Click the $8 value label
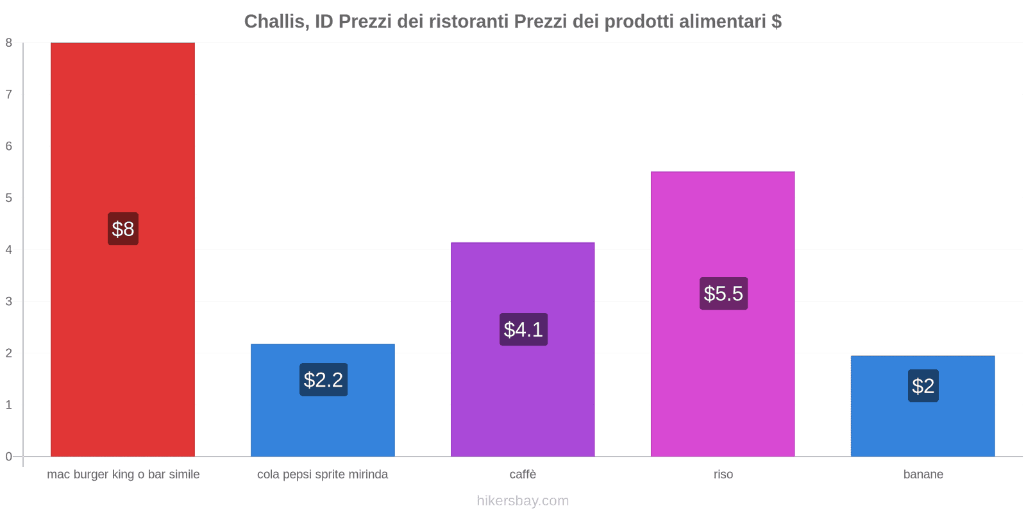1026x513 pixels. coord(122,229)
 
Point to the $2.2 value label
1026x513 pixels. coord(323,380)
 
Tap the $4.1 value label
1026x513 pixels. coord(523,330)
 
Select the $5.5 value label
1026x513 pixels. coord(723,294)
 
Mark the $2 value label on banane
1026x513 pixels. coord(923,386)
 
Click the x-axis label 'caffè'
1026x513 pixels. coord(523,475)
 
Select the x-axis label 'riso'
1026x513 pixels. coord(723,475)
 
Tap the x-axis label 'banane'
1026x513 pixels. coord(923,475)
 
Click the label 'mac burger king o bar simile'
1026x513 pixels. coord(123,475)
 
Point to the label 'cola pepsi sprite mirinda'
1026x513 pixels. coord(323,475)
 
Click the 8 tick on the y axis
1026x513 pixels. coord(9,43)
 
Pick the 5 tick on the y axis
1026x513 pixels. coord(9,198)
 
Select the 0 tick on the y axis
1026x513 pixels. coord(9,457)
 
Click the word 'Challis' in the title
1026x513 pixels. coord(274,22)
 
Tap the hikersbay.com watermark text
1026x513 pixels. coord(523,501)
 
